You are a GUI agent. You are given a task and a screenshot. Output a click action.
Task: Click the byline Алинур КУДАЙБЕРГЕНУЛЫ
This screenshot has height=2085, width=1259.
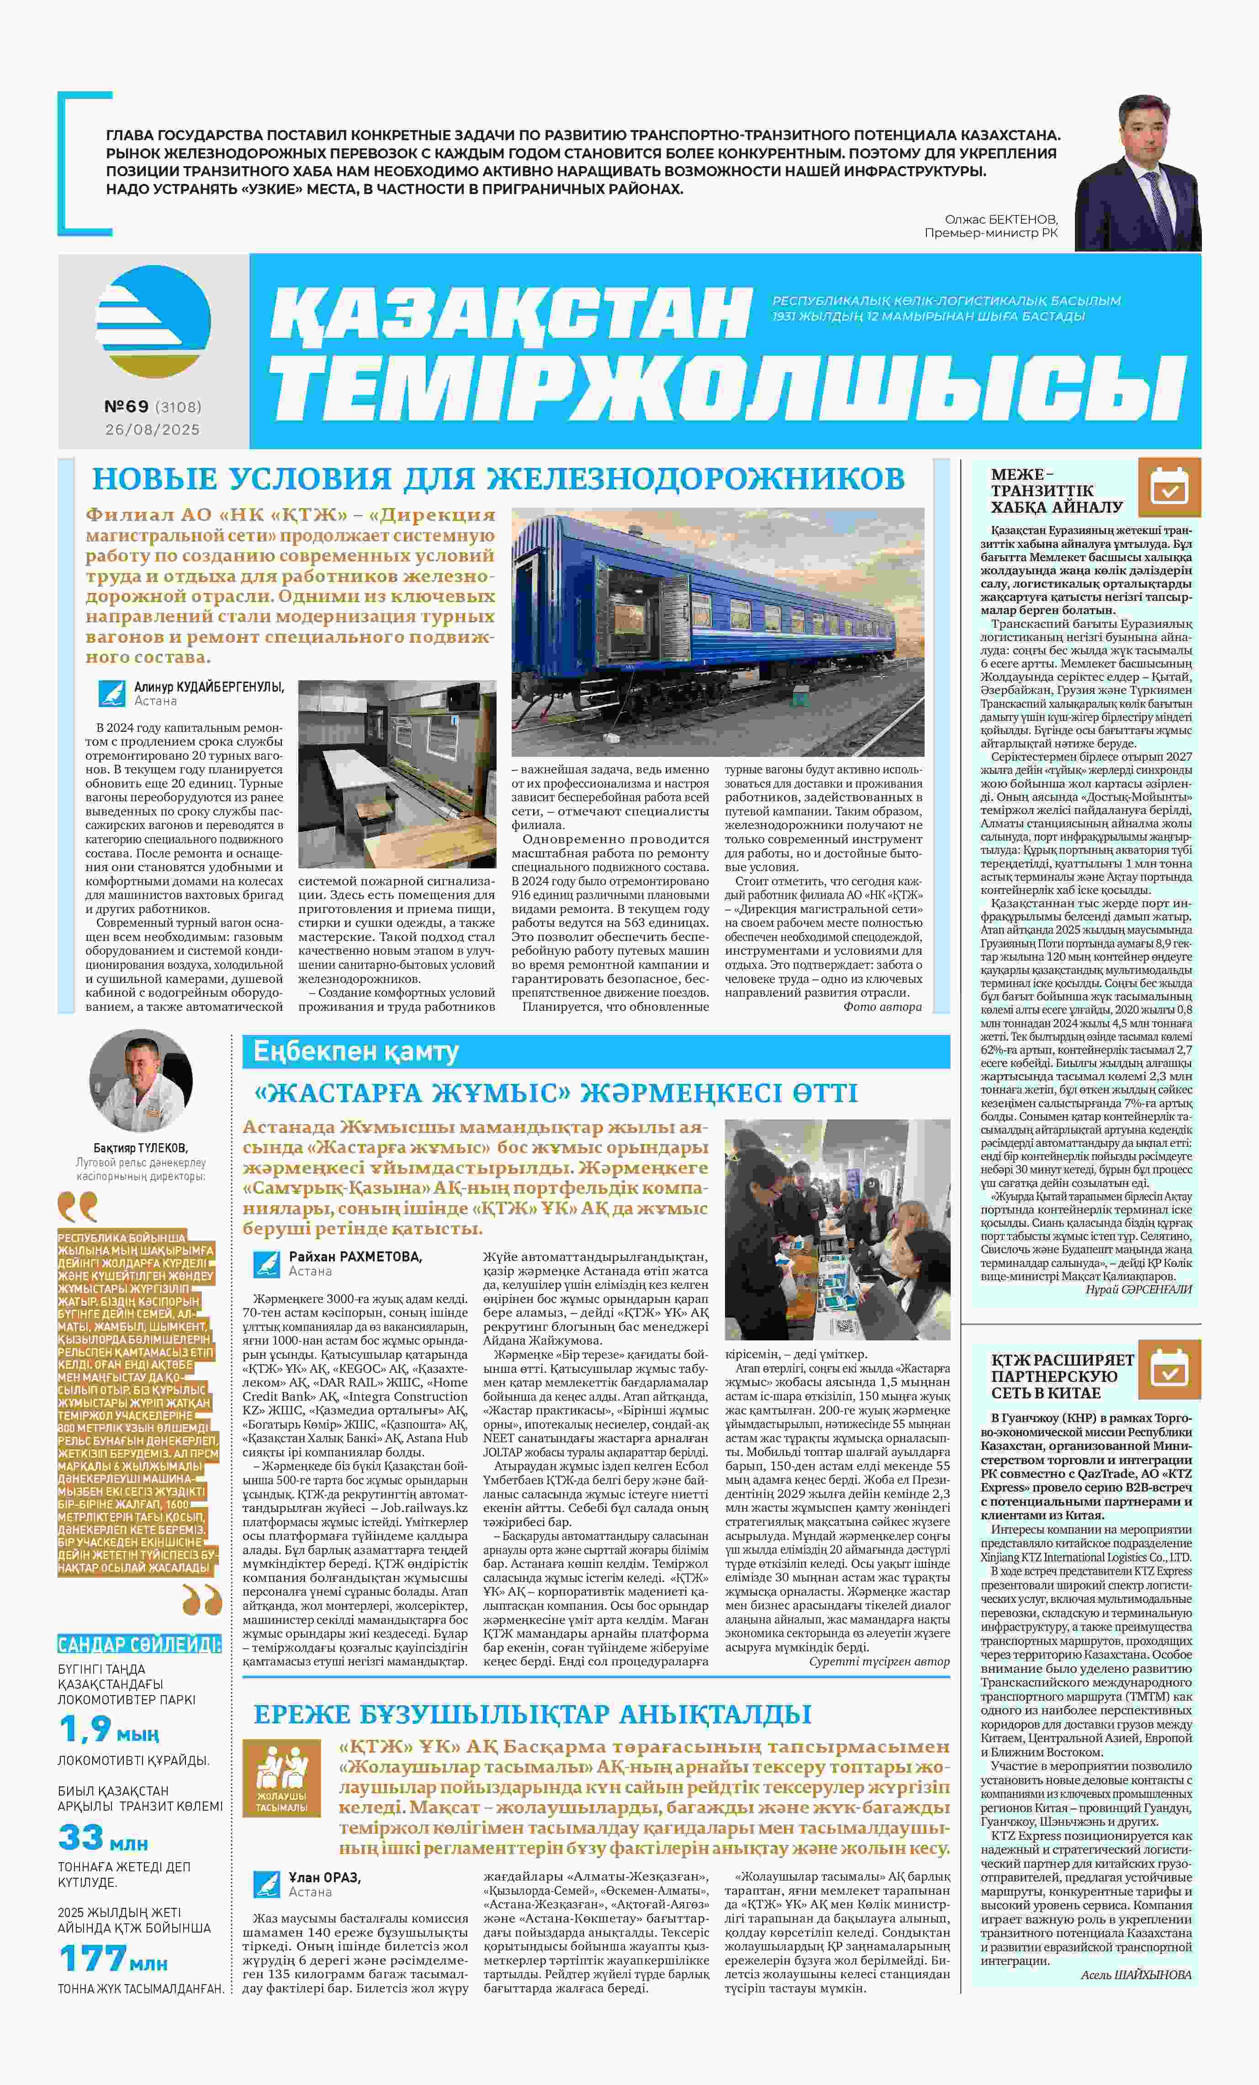coord(208,687)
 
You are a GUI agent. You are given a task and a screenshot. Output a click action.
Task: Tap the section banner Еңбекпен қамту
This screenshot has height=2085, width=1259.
coord(355,1052)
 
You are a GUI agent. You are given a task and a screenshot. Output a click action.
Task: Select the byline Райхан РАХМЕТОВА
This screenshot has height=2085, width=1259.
coord(355,1256)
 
